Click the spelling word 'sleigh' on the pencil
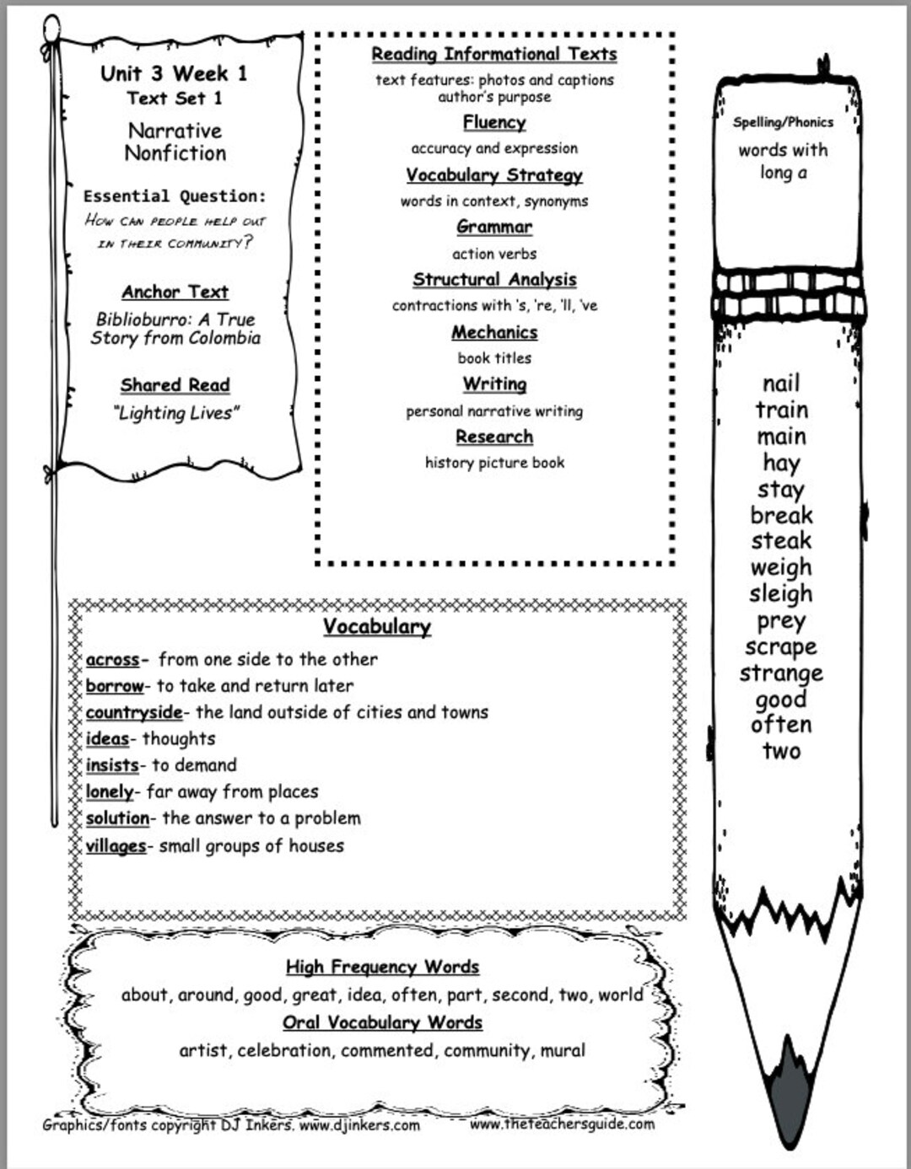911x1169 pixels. point(780,594)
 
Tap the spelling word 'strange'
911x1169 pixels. point(781,673)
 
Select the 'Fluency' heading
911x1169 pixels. point(494,122)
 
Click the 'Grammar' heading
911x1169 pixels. point(494,227)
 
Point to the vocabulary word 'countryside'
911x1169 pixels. point(133,712)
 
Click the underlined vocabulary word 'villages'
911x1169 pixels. point(116,845)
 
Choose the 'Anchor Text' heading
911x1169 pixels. point(175,292)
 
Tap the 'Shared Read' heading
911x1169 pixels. point(175,385)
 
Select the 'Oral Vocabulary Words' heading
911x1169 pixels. point(382,1022)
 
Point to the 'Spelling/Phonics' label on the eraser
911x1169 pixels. point(783,122)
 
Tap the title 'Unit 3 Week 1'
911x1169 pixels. point(174,73)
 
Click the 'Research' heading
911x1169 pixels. point(494,437)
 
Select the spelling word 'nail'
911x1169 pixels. point(781,383)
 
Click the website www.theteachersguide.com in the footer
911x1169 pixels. point(562,1123)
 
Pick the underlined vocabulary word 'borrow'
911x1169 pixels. point(115,685)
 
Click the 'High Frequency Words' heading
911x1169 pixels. point(382,967)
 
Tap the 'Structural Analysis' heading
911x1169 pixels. point(494,279)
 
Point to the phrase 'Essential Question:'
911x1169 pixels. point(174,196)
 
